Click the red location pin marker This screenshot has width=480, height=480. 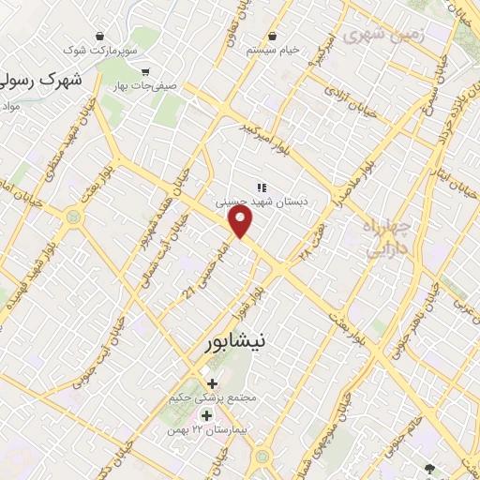pos(242,222)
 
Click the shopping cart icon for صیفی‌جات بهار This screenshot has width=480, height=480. pos(145,71)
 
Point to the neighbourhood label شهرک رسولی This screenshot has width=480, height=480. pos(42,82)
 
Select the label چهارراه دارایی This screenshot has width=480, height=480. pos(384,239)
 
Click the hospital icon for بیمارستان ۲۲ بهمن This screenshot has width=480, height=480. pos(206,415)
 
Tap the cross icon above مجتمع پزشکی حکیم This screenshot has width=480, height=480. pos(212,382)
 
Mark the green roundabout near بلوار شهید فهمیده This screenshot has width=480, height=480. pos(72,217)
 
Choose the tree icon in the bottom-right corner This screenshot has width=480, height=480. pos(430,468)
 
